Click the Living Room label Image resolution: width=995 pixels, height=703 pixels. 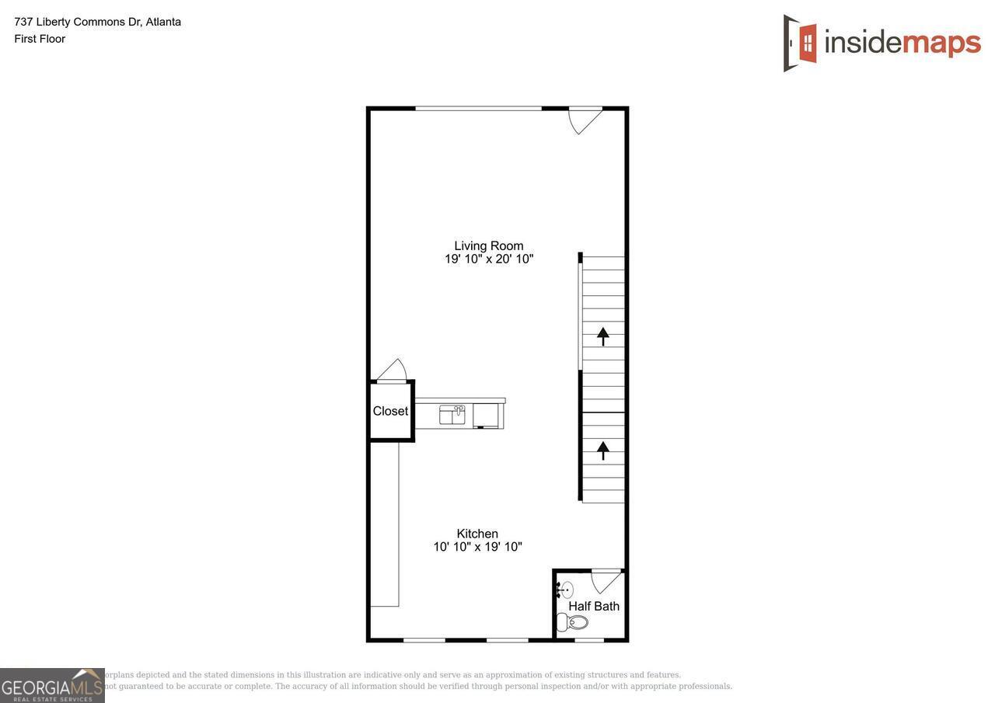(x=488, y=245)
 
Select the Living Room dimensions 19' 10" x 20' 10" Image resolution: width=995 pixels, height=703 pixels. (x=488, y=259)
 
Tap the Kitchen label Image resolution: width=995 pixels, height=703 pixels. (x=477, y=534)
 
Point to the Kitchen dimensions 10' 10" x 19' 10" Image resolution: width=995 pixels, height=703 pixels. (x=477, y=547)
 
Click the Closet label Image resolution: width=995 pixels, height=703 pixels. (x=390, y=411)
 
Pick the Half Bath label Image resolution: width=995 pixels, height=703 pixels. (x=594, y=606)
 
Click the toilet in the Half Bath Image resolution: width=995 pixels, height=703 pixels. (x=573, y=622)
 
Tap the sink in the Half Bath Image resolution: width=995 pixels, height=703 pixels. (x=565, y=590)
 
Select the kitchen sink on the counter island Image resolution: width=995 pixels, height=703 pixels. (x=452, y=414)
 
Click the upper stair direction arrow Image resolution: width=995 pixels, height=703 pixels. (x=602, y=336)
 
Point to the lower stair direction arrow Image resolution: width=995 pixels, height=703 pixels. (x=602, y=450)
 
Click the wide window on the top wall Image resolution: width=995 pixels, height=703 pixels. (x=478, y=109)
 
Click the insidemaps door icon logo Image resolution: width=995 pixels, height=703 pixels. (x=801, y=43)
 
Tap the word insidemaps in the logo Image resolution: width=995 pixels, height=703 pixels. (x=902, y=42)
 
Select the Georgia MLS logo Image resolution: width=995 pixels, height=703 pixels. (x=52, y=685)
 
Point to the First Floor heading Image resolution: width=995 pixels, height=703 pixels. (x=40, y=39)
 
